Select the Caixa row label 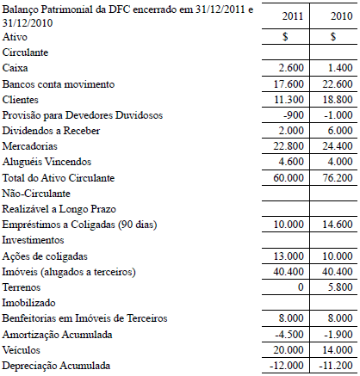pos(15,67)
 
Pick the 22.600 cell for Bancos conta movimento pos(334,83)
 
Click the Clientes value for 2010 pos(334,99)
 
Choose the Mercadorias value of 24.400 pos(334,146)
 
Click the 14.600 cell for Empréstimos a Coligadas pos(334,225)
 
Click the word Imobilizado pos(28,303)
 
